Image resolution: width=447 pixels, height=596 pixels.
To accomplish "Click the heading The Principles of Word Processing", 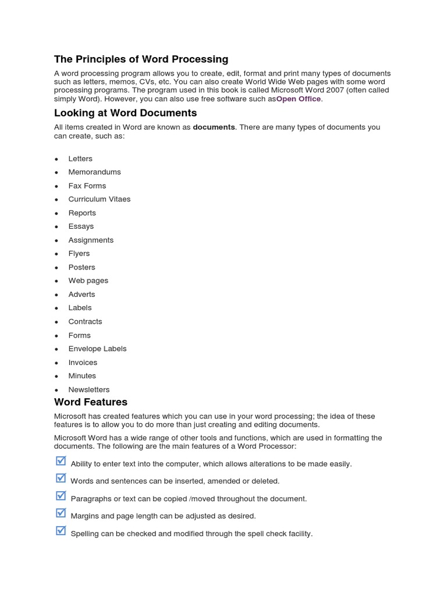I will pyautogui.click(x=141, y=59).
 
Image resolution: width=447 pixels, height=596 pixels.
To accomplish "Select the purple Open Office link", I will pyautogui.click(x=298, y=99).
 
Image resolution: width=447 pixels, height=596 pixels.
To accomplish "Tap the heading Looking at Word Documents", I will pyautogui.click(x=125, y=113).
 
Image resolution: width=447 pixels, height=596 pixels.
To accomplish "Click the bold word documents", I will pyautogui.click(x=214, y=127).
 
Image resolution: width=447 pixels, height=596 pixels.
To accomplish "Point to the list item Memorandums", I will pyautogui.click(x=94, y=172).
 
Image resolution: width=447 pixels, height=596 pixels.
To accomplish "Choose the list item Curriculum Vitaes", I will pyautogui.click(x=99, y=199).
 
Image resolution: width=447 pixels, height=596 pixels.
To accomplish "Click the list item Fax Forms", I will pyautogui.click(x=87, y=186).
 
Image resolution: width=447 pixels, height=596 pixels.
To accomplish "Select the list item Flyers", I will pyautogui.click(x=79, y=253).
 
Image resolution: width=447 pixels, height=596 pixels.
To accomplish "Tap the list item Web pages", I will pyautogui.click(x=88, y=281).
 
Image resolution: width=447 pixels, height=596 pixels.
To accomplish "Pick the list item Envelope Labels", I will pyautogui.click(x=97, y=349).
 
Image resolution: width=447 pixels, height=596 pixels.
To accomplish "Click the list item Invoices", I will pyautogui.click(x=83, y=362).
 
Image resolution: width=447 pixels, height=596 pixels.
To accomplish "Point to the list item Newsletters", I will pyautogui.click(x=88, y=389).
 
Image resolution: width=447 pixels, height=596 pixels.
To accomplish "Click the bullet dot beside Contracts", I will pyautogui.click(x=56, y=322).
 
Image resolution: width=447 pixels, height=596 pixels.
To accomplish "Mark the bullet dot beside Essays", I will pyautogui.click(x=56, y=227).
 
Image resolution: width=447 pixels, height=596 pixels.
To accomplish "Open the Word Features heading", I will pyautogui.click(x=90, y=402).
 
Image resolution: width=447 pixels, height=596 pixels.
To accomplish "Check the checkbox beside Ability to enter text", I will pyautogui.click(x=61, y=461).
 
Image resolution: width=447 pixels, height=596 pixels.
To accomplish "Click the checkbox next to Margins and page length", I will pyautogui.click(x=61, y=513).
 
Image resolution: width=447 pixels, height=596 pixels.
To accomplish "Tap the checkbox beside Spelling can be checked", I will pyautogui.click(x=61, y=530).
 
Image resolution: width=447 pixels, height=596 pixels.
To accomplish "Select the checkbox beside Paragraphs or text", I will pyautogui.click(x=61, y=495).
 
